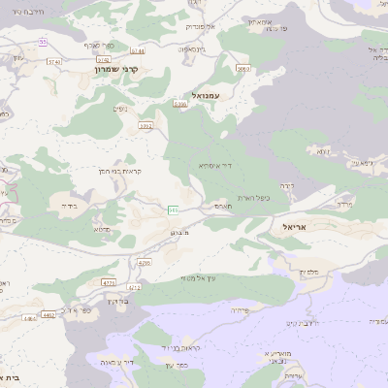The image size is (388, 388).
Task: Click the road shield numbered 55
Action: [x=43, y=42]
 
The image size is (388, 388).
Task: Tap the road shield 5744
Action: [x=137, y=49]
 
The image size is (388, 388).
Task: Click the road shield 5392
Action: [x=146, y=125]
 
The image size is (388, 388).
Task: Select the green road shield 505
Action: [x=173, y=209]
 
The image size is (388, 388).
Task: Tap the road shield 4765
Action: [x=145, y=263]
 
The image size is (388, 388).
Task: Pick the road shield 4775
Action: [x=109, y=282]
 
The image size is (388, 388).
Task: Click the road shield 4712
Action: [x=134, y=287]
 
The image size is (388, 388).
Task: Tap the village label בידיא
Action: [x=68, y=206]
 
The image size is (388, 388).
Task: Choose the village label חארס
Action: [x=222, y=206]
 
